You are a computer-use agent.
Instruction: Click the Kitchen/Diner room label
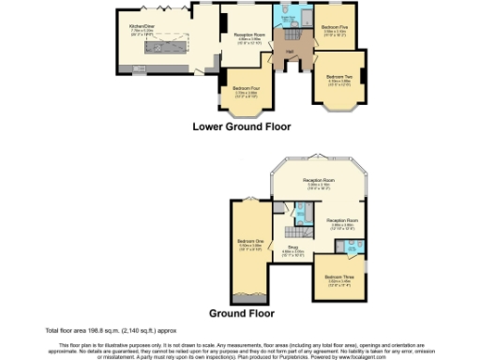[x=142, y=29]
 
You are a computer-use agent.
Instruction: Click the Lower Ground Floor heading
[x=241, y=126]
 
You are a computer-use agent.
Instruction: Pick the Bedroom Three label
[x=338, y=277]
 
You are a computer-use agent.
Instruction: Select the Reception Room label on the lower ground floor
[x=248, y=35]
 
